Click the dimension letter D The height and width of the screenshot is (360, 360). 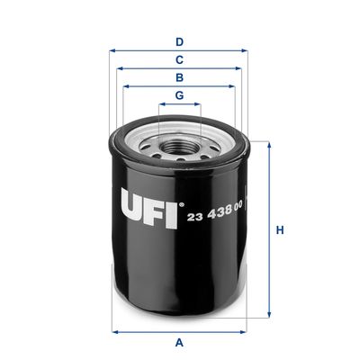click(x=179, y=41)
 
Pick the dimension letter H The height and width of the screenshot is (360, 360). click(x=280, y=230)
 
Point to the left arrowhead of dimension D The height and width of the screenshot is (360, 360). click(x=112, y=51)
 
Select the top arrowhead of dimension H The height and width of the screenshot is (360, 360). click(x=267, y=143)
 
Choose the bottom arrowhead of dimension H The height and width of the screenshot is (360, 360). click(x=267, y=318)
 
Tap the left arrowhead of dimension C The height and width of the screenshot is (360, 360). click(x=118, y=69)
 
